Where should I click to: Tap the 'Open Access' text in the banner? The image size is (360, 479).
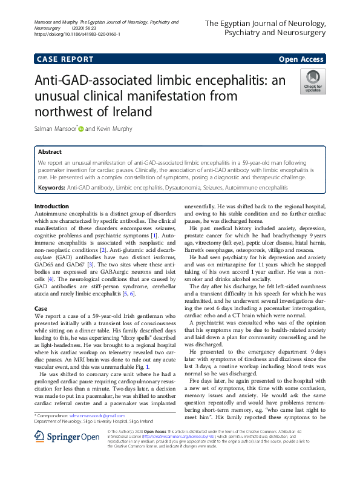tap(300, 59)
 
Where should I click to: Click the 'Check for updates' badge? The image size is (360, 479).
tap(312, 81)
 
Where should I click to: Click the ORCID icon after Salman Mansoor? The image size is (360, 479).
tap(80, 129)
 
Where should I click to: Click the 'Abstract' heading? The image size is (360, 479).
tap(50, 152)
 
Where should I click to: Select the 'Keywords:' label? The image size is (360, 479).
tap(51, 189)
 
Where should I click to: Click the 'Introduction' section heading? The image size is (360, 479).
tap(52, 207)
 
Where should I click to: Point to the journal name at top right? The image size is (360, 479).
tap(266, 28)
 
